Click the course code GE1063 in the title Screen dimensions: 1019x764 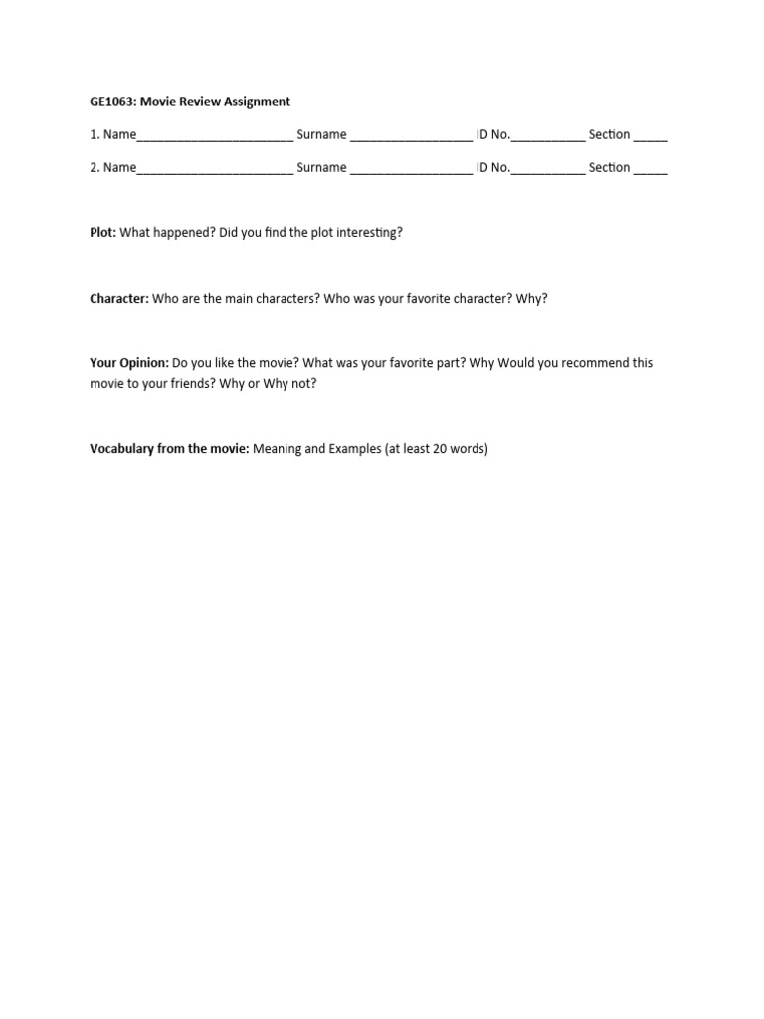(112, 102)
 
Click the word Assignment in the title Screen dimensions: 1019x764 (255, 102)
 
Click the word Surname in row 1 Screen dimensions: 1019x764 (321, 134)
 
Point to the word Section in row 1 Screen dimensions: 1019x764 (609, 134)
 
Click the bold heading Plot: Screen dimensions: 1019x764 (102, 232)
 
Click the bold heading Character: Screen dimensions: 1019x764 (119, 299)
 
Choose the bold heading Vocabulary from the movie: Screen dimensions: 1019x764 (169, 449)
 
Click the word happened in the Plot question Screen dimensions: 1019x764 (184, 232)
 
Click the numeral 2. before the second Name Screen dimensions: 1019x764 (95, 167)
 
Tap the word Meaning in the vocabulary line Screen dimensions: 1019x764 (278, 449)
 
